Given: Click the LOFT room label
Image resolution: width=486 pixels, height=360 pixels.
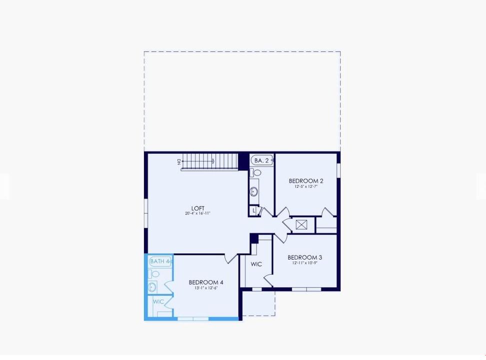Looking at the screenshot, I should point(198,208).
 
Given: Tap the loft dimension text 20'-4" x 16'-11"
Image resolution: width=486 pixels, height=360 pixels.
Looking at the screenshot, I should point(198,214).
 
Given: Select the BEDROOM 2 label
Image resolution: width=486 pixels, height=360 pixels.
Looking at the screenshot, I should point(306,181).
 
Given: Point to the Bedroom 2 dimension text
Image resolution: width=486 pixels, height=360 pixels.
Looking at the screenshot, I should point(306,186).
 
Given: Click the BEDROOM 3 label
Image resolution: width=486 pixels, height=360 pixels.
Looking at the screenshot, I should point(305,258).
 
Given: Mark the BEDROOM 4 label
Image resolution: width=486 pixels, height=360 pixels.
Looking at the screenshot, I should point(206,282).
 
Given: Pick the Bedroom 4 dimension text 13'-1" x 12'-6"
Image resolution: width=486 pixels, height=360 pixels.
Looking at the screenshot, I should point(206,288).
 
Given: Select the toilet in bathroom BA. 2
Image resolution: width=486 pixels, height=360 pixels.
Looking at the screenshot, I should point(257,172).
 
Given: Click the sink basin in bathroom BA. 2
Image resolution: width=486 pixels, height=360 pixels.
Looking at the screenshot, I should point(254,191).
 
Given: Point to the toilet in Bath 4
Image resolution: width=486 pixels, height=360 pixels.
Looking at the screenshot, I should point(155,274).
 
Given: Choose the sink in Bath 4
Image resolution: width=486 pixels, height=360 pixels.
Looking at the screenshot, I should point(152,287).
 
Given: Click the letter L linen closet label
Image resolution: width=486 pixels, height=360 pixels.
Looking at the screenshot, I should point(254,211).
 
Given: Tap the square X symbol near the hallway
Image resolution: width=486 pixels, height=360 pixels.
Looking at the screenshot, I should point(301,224).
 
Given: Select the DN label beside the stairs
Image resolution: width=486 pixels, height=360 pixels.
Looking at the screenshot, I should point(177,161).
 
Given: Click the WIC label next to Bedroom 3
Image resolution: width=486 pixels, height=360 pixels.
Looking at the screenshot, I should point(256,264).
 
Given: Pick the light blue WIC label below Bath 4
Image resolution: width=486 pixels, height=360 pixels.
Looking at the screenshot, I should point(158,302).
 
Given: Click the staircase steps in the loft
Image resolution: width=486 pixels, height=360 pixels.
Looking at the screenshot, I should point(210,161).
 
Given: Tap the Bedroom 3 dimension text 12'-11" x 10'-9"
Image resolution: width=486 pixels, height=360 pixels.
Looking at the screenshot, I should point(305,263).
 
